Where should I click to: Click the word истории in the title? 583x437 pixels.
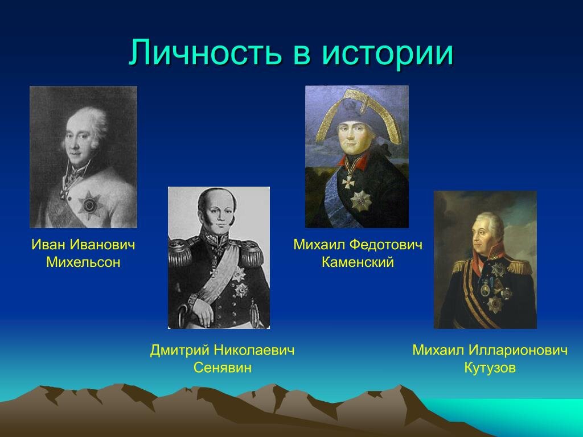(x=388, y=53)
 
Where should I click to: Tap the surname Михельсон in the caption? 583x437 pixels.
(x=83, y=263)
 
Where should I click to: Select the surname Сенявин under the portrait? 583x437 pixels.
(x=222, y=367)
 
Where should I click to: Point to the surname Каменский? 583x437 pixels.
(x=358, y=262)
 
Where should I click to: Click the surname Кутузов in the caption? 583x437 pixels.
(x=490, y=368)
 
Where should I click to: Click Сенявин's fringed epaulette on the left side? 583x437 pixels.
(x=180, y=254)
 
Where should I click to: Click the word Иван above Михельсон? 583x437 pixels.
(x=48, y=245)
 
